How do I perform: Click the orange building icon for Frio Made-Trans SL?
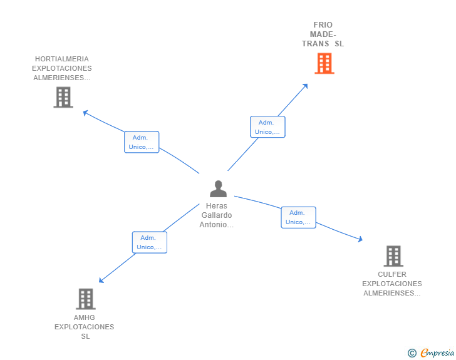324,63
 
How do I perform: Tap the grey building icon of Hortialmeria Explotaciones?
63,97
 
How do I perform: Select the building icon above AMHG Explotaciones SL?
86,299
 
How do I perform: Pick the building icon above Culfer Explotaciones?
393,255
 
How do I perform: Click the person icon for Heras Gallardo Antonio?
218,188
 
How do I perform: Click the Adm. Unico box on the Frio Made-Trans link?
267,127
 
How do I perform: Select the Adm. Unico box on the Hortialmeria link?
142,142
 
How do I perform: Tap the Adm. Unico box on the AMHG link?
150,242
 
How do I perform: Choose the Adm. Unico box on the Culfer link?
298,217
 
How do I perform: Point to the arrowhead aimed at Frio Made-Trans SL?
305,86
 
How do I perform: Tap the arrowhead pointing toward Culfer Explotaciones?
360,239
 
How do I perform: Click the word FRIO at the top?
323,25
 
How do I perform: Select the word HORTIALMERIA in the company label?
61,59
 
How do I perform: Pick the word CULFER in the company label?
392,274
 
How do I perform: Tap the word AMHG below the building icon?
85,317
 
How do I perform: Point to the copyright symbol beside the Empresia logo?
412,353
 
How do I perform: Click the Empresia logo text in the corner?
437,353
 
